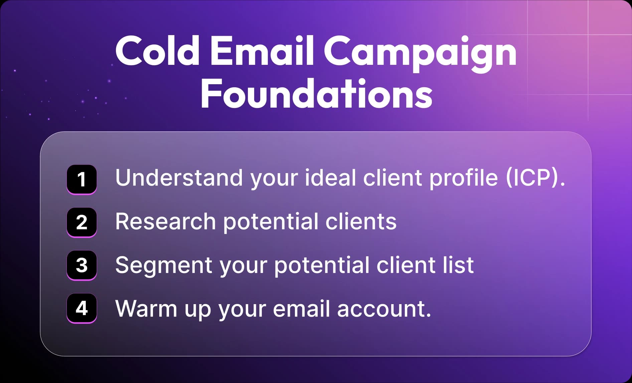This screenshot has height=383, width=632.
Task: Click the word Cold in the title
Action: (x=157, y=50)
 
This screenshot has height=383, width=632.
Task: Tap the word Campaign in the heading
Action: (x=420, y=53)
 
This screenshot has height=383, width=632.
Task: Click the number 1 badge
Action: (x=82, y=179)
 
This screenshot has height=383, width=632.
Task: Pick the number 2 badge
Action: (x=82, y=223)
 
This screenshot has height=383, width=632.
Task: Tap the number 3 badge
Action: (x=82, y=265)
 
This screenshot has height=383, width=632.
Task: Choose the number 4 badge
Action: (x=82, y=308)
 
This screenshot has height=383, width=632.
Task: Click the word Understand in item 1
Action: (x=179, y=177)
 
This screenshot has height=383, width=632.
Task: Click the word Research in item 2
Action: (x=166, y=221)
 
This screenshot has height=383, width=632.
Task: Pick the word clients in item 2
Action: (x=361, y=221)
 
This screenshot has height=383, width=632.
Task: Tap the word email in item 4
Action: (x=302, y=308)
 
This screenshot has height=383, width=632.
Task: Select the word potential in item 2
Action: (x=271, y=222)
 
